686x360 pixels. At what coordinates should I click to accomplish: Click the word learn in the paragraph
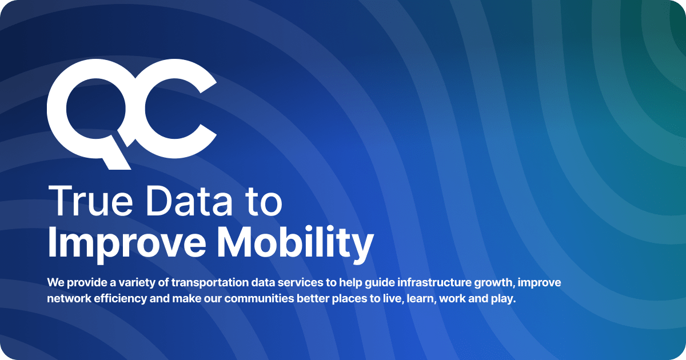pyautogui.click(x=421, y=299)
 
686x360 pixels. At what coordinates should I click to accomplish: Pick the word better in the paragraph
pyautogui.click(x=314, y=299)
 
